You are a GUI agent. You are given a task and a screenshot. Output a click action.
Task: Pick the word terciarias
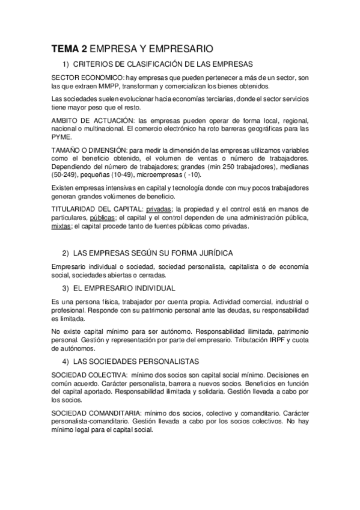219,98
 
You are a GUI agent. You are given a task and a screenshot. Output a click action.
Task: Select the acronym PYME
61,137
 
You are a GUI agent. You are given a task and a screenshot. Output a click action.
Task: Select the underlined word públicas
102,217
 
